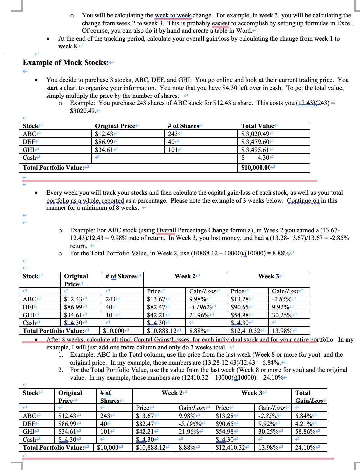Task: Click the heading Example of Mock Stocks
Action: tap(65, 63)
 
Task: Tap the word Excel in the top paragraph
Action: tap(346, 23)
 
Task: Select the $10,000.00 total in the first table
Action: tap(256, 168)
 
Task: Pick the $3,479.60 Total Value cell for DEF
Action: tap(255, 142)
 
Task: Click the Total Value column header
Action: tap(258, 126)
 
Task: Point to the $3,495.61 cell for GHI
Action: tap(255, 150)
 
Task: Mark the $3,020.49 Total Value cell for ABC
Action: tap(255, 134)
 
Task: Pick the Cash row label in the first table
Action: tap(29, 158)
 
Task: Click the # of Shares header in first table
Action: tap(184, 126)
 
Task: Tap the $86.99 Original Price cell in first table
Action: tap(104, 142)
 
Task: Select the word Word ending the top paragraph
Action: tap(244, 31)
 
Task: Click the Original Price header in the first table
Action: tap(115, 126)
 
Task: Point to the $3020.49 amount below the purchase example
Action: tap(83, 111)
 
